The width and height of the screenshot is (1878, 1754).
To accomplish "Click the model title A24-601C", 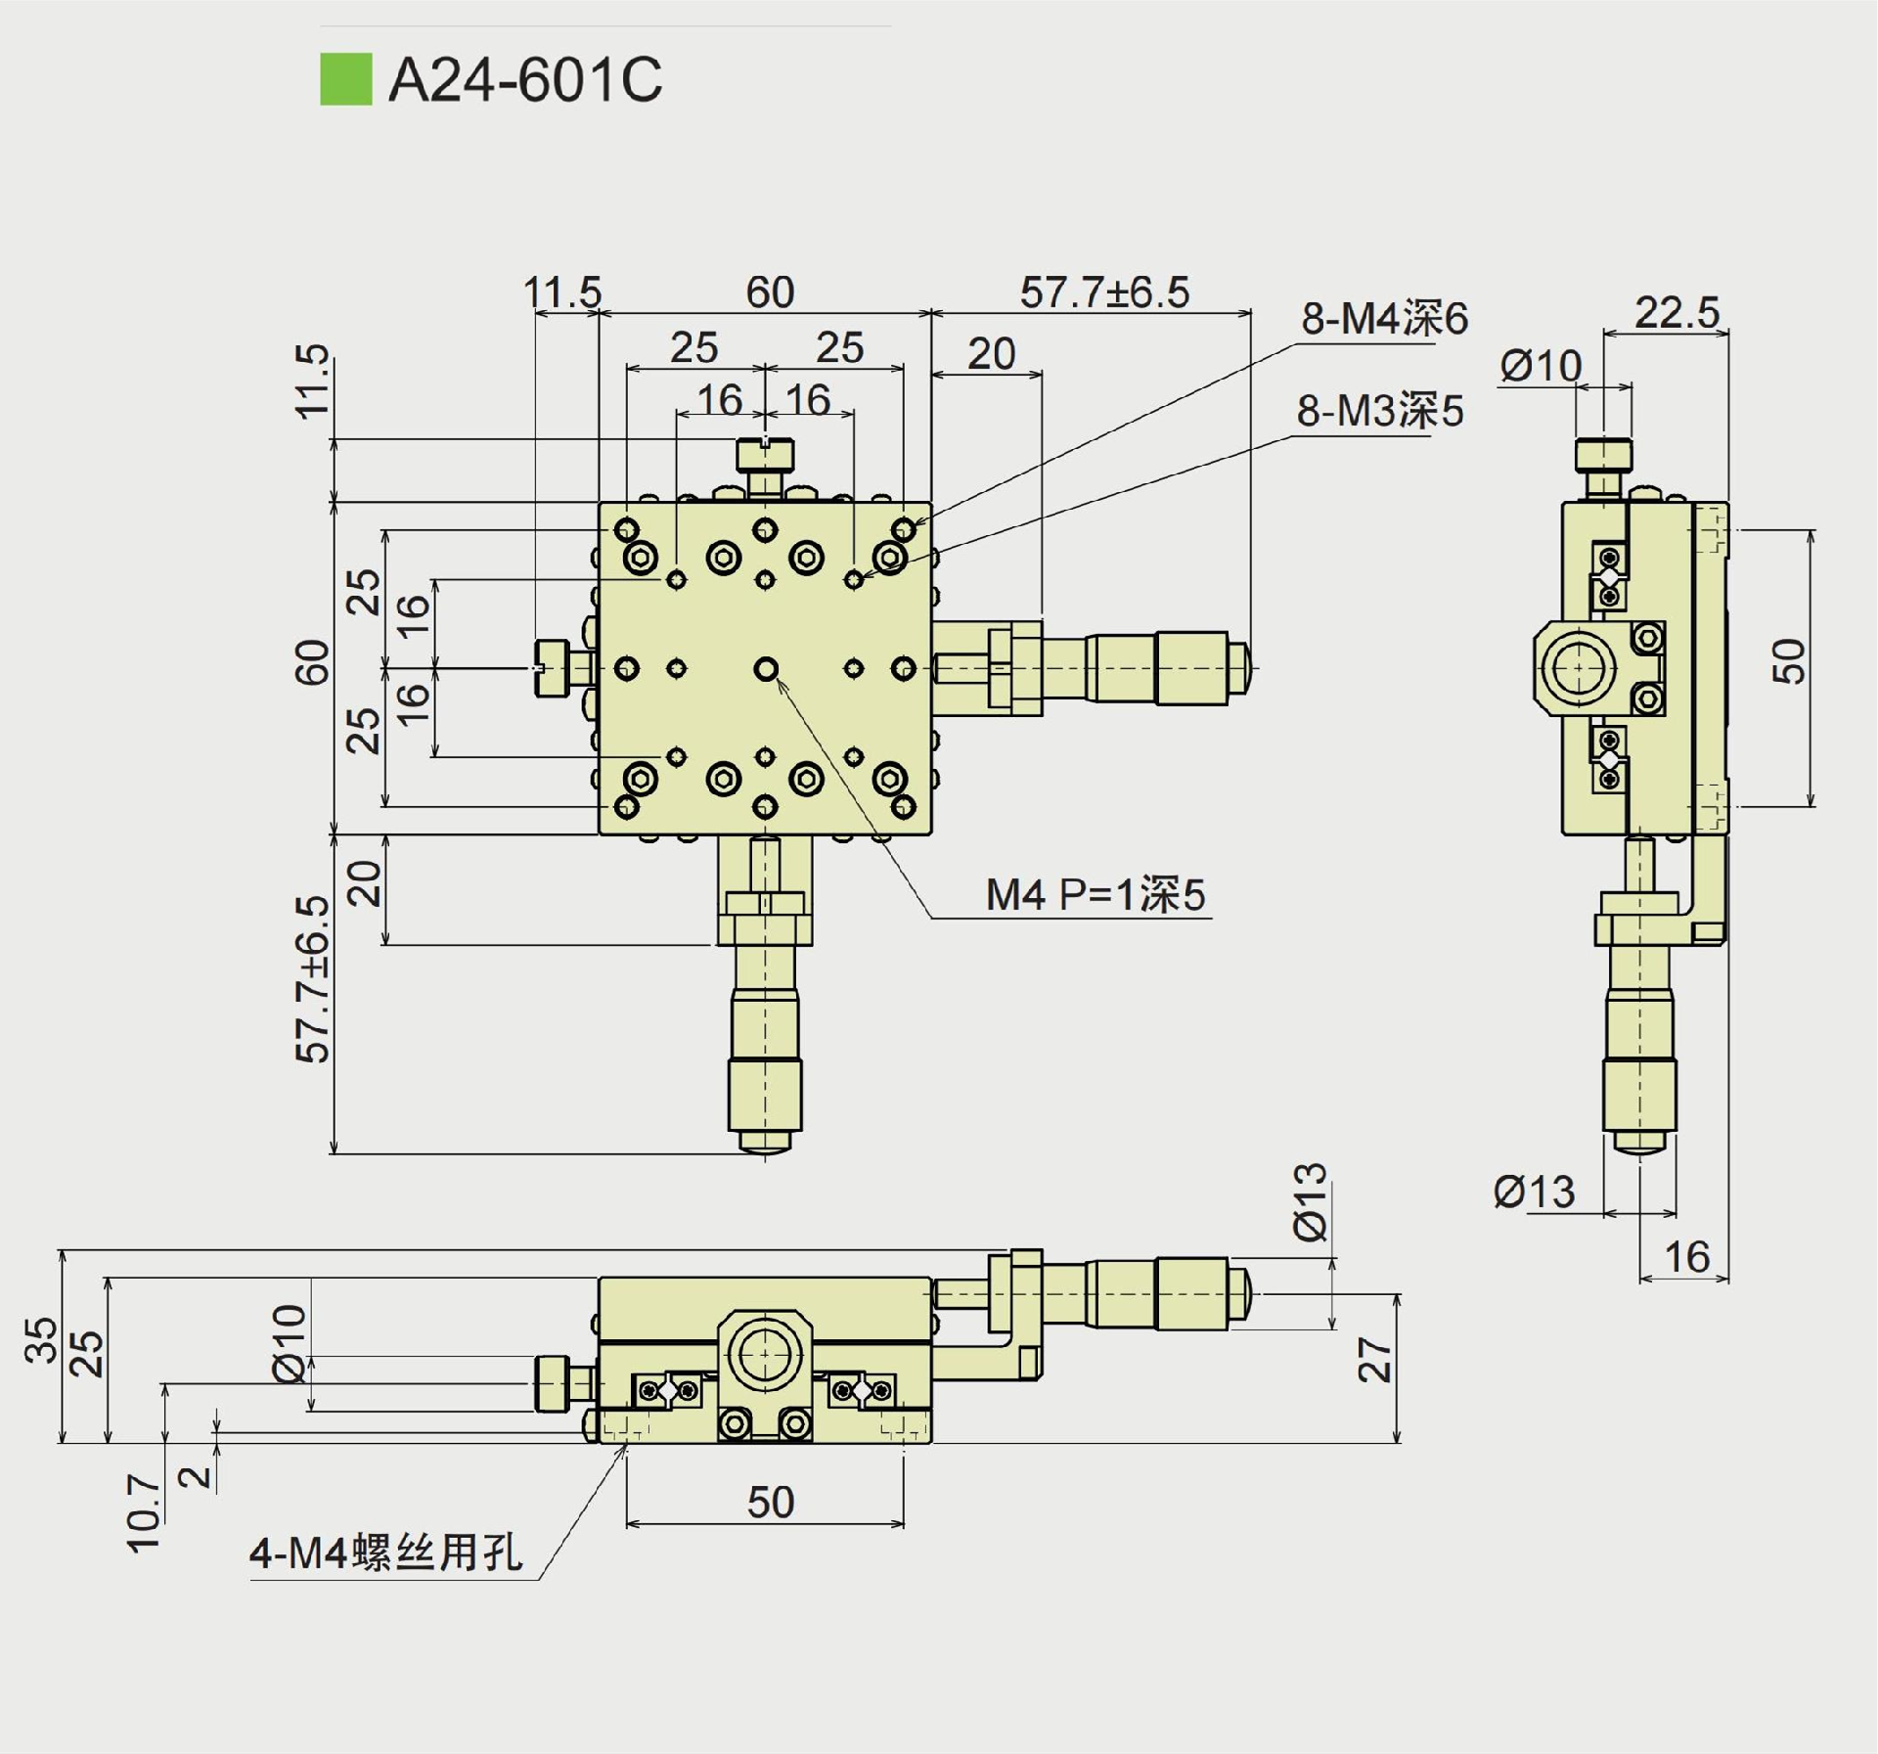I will coord(525,79).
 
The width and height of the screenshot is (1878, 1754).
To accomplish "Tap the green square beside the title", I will coord(345,79).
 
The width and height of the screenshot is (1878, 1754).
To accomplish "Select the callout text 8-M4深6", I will coord(1383,319).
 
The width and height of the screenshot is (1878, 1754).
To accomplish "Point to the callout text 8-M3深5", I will coord(1379,411).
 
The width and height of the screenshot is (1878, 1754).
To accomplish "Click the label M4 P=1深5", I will coord(1095,895).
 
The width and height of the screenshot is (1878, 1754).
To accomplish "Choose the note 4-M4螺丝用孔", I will coord(386,1552).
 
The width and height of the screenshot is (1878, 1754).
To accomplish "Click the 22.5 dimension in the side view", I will coord(1677,313).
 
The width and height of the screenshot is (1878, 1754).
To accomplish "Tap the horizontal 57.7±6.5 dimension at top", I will coord(1104,292).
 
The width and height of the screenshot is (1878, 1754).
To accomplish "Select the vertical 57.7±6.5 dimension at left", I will coord(313,978).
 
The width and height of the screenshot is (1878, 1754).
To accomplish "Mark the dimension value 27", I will coord(1375,1360).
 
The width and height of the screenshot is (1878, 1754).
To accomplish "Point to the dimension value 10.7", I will coord(144,1513).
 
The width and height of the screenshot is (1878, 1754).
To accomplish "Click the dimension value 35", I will coord(40,1340).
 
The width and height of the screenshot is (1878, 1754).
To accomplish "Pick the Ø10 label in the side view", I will coord(1541,367).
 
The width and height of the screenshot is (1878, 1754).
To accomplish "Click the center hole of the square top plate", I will coord(766,669).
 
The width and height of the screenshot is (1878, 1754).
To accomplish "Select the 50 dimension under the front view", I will coord(770,1503).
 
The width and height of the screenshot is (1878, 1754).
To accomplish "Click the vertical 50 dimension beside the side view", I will coord(1789,661).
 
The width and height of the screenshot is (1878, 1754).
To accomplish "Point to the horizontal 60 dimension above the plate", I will coord(770,292).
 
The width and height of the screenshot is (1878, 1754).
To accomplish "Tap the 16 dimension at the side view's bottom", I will coord(1686,1257).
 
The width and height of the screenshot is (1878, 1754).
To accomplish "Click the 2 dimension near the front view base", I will coord(199,1475).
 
